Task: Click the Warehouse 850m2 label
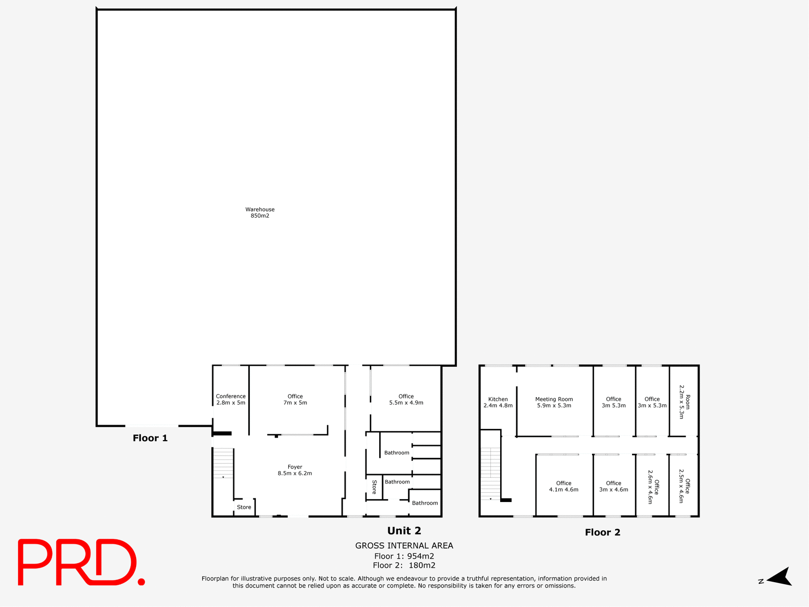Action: click(260, 212)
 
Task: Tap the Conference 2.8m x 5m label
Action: click(230, 399)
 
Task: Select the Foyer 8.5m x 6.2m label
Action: click(295, 470)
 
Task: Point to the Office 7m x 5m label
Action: click(295, 399)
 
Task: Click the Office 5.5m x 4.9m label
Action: click(406, 399)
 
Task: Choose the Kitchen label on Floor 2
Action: click(498, 402)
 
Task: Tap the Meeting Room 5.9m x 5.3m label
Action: click(554, 402)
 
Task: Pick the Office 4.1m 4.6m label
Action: click(563, 486)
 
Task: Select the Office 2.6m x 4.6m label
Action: click(653, 487)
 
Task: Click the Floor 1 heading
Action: click(150, 438)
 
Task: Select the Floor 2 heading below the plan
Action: click(603, 532)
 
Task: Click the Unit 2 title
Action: click(404, 531)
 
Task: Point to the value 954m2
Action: click(421, 556)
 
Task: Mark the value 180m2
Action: click(422, 565)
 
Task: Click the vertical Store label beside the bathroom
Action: click(374, 487)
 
